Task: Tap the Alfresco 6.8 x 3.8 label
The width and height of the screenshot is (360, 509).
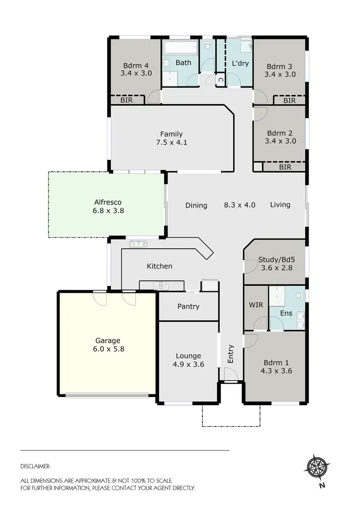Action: tap(108, 210)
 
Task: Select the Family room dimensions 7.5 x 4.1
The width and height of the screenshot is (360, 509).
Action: tap(171, 143)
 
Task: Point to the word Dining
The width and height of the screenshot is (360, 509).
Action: tap(196, 205)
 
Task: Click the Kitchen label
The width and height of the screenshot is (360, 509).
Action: tap(159, 266)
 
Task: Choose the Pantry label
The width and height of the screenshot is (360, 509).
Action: tap(188, 306)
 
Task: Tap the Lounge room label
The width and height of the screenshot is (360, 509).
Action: tap(188, 356)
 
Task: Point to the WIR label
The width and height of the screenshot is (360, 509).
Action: tap(255, 305)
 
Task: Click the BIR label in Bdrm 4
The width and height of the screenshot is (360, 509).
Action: tap(127, 100)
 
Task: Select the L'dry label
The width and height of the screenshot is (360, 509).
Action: tap(240, 63)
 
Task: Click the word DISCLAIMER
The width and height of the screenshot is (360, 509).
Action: tap(36, 466)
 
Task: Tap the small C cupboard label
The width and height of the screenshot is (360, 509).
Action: tap(220, 80)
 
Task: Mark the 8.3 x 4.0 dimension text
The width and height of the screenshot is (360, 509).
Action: tap(240, 205)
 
